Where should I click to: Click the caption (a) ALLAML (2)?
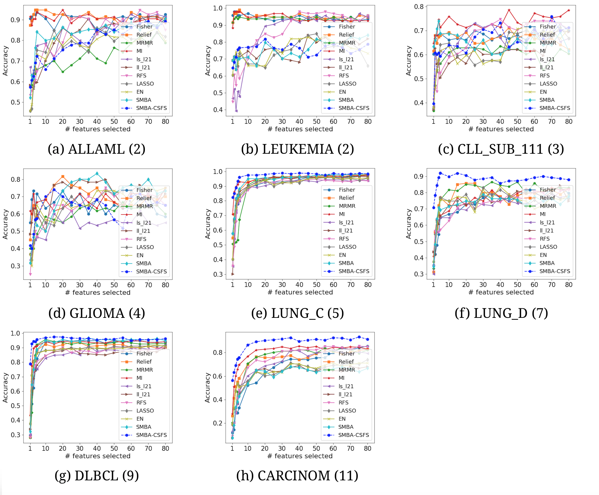[x=96, y=149]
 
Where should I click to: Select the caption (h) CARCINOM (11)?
[x=297, y=475]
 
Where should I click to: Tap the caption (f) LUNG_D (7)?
[x=501, y=313]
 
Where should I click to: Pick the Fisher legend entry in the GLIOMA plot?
[x=144, y=190]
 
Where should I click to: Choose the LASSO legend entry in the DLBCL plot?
[x=145, y=411]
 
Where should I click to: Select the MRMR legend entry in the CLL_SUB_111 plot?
[x=548, y=43]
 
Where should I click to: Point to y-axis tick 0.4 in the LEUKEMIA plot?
[x=218, y=110]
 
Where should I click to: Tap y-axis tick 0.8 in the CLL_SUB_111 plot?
[x=419, y=7]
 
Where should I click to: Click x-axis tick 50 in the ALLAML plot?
[x=114, y=121]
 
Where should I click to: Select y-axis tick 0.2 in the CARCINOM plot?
[x=217, y=423]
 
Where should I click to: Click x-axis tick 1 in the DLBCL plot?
[x=30, y=448]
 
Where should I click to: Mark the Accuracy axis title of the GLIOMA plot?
[x=5, y=224]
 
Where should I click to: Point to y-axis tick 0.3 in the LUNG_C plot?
[x=218, y=274]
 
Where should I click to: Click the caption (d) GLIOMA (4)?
[x=96, y=313]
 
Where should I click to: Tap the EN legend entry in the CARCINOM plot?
[x=342, y=419]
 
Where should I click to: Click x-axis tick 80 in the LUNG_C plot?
[x=368, y=285]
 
